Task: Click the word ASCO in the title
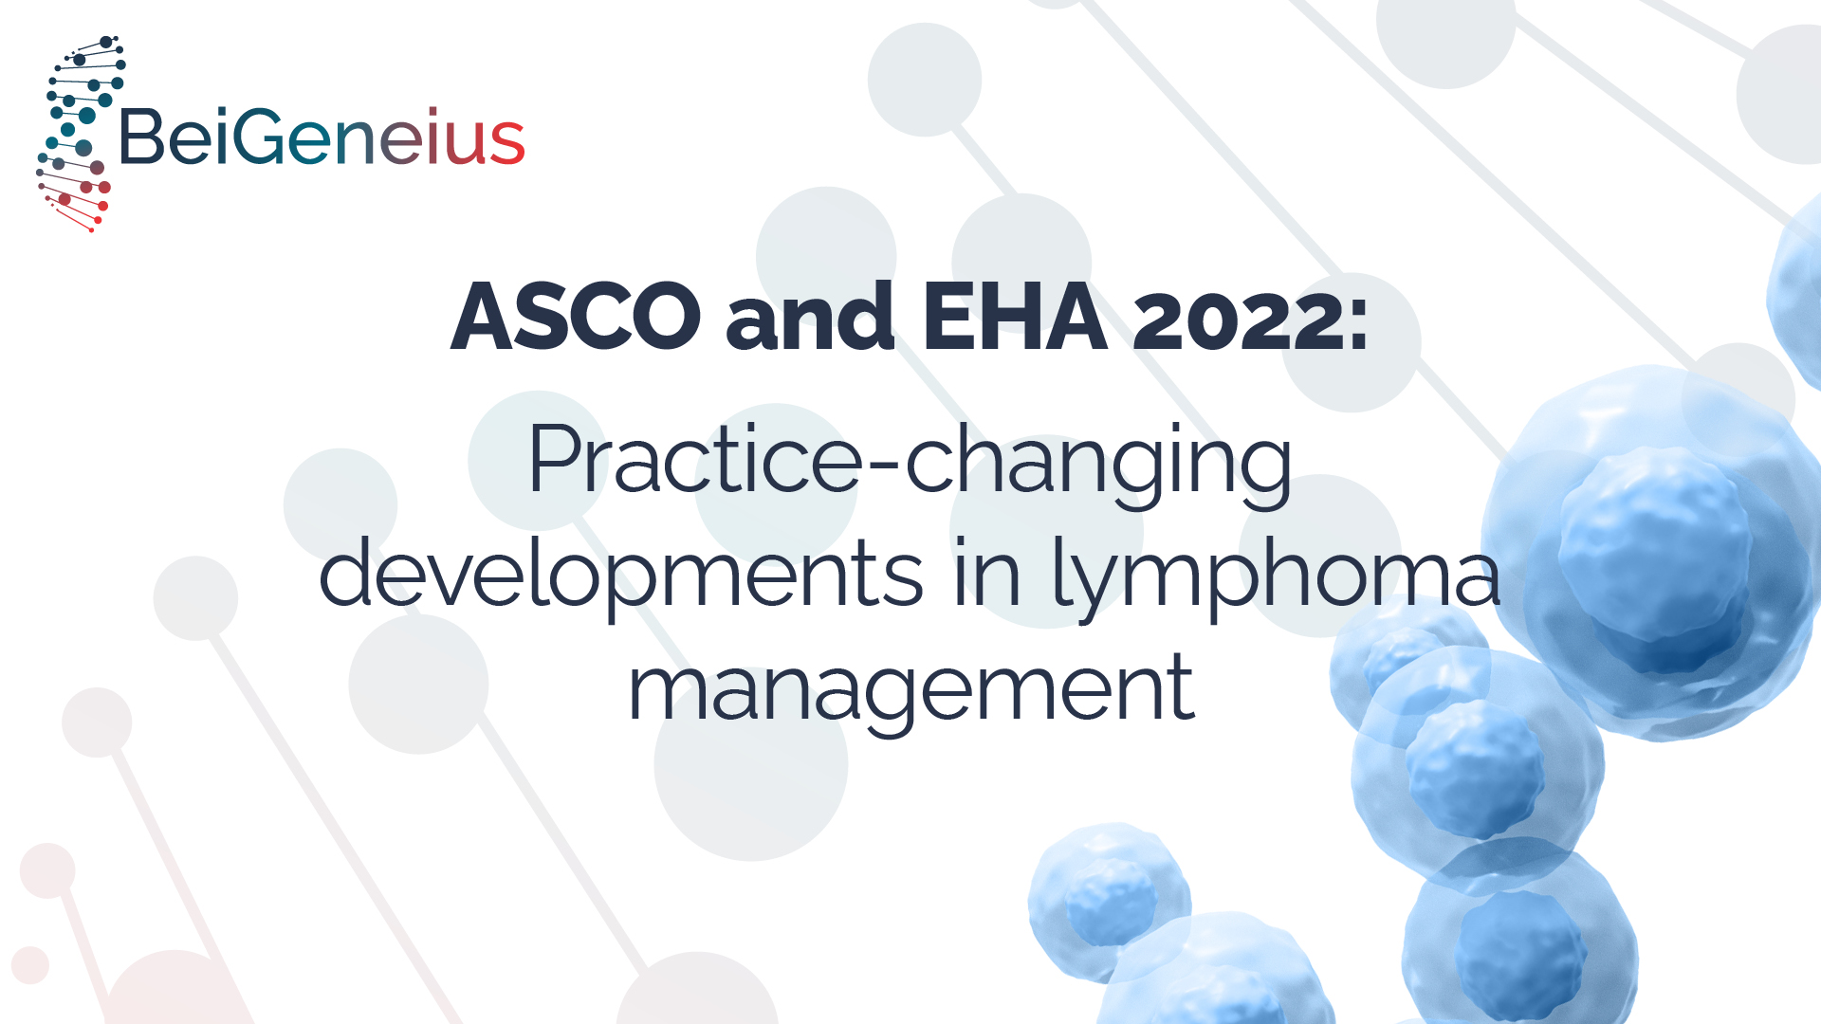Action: pyautogui.click(x=576, y=316)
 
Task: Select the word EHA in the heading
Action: pyautogui.click(x=1014, y=316)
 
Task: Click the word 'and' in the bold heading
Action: pyautogui.click(x=810, y=316)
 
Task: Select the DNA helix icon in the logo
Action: pyautogui.click(x=79, y=133)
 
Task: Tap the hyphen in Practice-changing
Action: pyautogui.click(x=882, y=466)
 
